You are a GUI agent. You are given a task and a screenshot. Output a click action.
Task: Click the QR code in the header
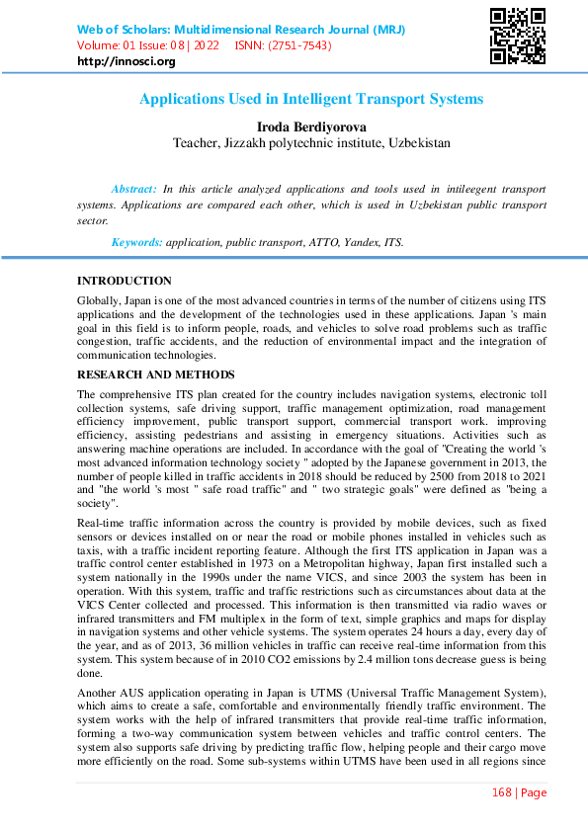point(518,36)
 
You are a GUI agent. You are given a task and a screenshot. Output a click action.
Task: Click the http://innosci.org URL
point(126,61)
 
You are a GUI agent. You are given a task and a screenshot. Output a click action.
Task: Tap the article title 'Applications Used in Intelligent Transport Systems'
point(311,99)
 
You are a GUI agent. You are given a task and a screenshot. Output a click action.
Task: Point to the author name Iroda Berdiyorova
point(311,127)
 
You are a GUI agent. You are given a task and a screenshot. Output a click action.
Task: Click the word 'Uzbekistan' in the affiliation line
point(416,142)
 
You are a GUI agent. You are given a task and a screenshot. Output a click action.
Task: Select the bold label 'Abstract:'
point(133,189)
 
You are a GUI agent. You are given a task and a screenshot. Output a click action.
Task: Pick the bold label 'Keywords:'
point(137,242)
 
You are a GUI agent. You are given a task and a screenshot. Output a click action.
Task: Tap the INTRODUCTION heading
point(125,281)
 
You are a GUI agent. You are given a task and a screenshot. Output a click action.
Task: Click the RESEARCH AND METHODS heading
point(156,374)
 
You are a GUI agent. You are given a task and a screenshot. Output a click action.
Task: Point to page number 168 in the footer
point(504,792)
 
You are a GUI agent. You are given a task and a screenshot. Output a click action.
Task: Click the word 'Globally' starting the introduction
point(100,299)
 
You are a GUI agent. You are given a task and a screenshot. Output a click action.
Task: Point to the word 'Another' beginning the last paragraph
point(101,694)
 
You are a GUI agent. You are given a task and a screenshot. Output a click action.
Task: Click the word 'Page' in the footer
point(533,792)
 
